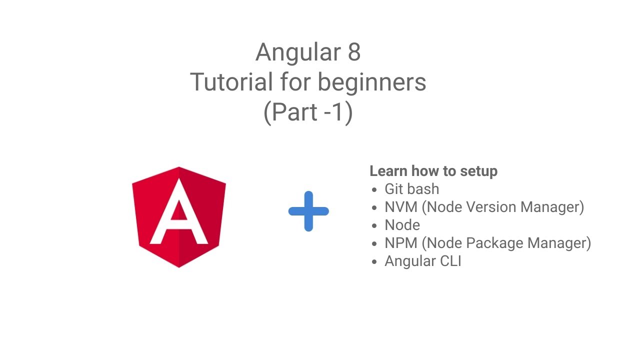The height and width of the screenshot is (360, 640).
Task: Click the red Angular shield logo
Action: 179,217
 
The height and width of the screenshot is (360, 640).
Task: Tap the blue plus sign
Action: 308,211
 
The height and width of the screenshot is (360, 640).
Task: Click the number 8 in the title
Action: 353,52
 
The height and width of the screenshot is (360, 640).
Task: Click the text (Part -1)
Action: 308,112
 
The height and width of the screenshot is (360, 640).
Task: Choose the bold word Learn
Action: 388,171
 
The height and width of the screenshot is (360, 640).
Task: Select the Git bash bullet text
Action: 411,189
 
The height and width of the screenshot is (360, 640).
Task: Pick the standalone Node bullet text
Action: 402,225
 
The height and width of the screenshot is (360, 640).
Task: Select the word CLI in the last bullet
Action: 448,261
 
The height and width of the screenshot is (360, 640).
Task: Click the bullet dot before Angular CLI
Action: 374,261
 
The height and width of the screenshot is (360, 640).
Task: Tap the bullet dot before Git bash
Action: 374,189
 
